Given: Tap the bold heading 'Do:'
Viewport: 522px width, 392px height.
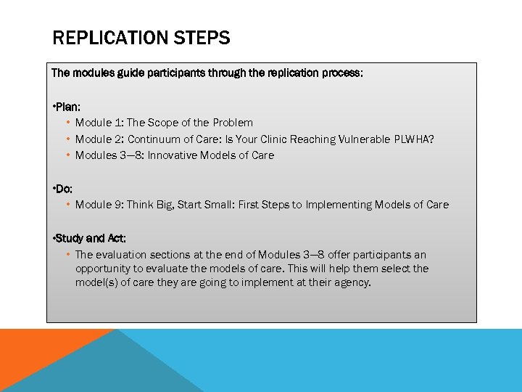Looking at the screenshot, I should point(62,189).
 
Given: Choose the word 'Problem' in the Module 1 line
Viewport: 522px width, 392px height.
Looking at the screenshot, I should point(233,123).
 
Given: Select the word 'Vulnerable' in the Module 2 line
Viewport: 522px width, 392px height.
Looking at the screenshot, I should point(365,139).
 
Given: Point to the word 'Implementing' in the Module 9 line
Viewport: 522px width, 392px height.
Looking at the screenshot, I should point(337,205).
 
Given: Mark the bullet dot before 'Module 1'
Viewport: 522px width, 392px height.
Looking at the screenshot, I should point(67,123).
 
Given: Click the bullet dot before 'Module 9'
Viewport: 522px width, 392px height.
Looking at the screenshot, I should point(67,205).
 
